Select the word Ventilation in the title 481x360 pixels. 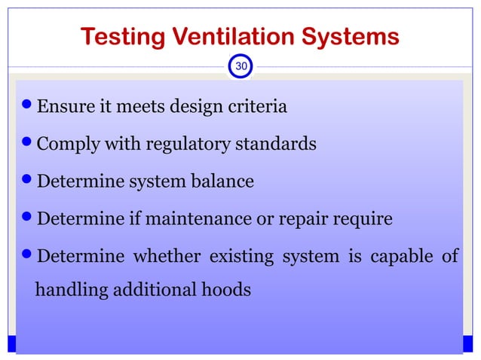click(231, 37)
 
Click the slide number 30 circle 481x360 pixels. click(240, 66)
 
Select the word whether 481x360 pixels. click(166, 257)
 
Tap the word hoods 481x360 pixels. click(228, 289)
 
